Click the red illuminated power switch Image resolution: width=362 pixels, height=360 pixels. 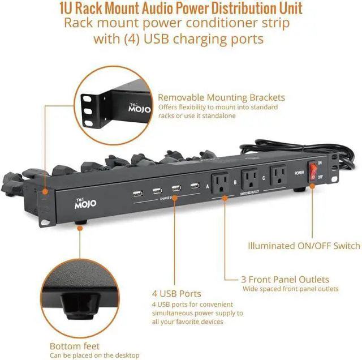point(312,174)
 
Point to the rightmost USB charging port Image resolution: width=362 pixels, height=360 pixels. point(194,185)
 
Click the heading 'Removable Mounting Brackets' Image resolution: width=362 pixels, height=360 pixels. point(221,97)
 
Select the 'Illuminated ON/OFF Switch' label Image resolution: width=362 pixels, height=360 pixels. point(304,246)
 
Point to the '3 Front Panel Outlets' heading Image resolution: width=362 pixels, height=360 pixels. point(286,280)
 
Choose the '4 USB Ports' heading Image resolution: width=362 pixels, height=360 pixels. point(176,294)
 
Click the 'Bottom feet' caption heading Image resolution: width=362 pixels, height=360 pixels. point(75,346)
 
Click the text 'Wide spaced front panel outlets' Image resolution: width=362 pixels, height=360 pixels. point(291,289)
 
